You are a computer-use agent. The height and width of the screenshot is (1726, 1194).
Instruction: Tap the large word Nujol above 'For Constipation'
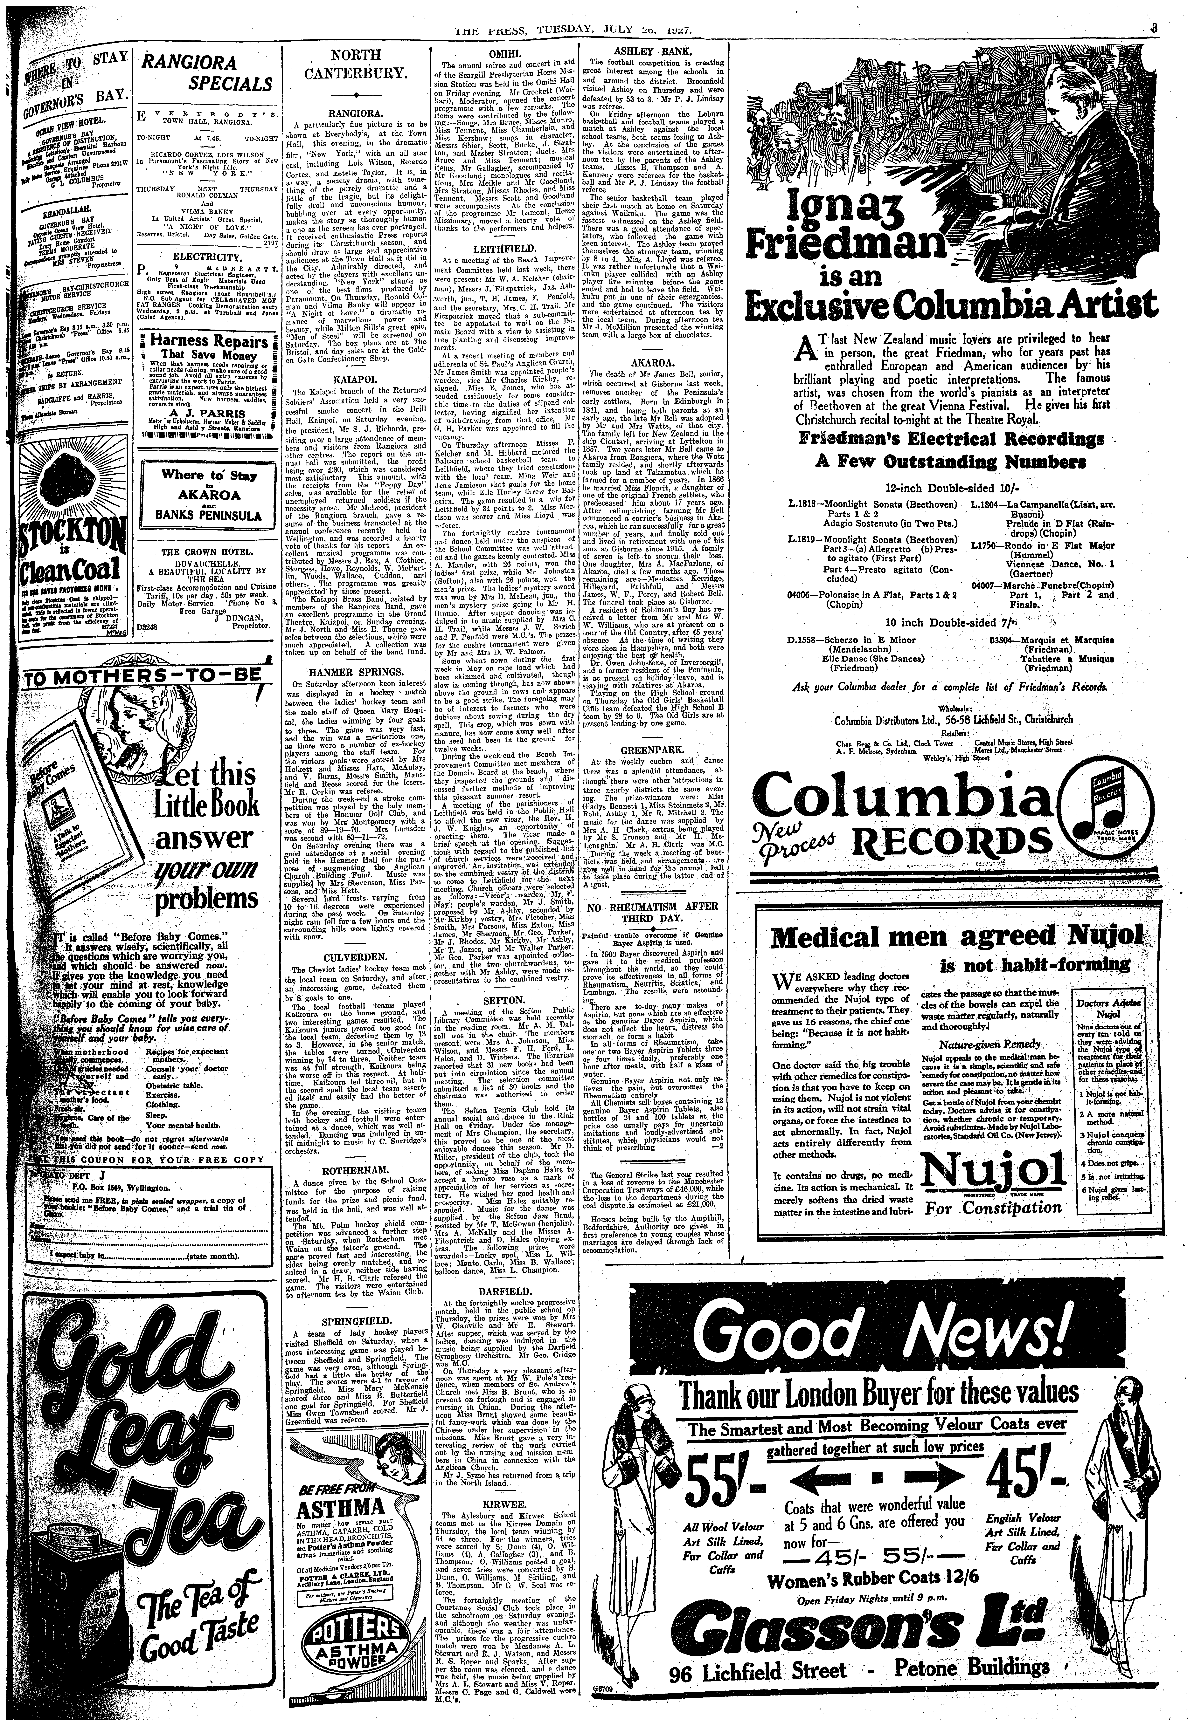[993, 1179]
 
